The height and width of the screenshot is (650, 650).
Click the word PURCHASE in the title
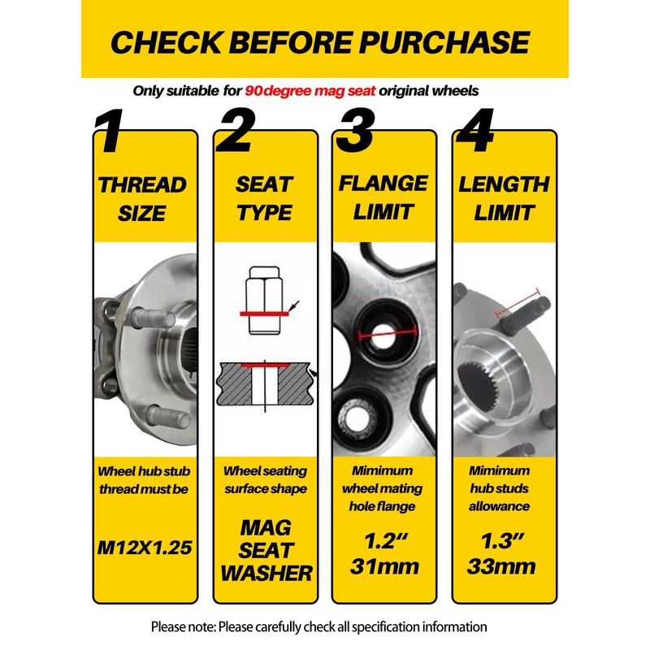coord(444,42)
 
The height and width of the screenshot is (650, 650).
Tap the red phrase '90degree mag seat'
coord(310,91)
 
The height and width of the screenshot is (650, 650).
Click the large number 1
coord(109,131)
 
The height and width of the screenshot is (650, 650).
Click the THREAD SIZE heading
coord(142,199)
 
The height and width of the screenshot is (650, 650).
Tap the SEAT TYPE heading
coord(265,198)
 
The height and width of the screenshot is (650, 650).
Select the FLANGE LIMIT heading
coord(383,197)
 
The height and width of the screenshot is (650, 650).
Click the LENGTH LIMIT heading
coord(504,198)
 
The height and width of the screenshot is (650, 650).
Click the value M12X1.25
coord(145,548)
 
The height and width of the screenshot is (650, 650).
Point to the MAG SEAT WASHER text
coord(266,551)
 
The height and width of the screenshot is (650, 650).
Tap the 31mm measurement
coord(384,566)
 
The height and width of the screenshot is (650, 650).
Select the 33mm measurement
coord(501,566)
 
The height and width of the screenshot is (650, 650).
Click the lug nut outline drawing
coord(264,301)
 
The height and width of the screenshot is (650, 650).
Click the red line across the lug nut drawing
coord(264,314)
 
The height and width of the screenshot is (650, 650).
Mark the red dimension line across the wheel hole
coord(388,333)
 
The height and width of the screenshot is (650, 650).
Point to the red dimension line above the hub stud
coord(518,302)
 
